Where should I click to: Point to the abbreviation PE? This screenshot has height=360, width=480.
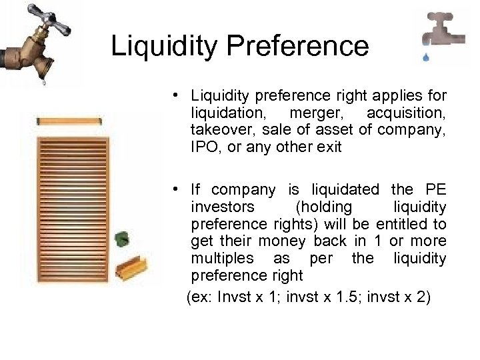pos(434,190)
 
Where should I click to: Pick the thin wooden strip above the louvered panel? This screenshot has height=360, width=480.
pos(69,121)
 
